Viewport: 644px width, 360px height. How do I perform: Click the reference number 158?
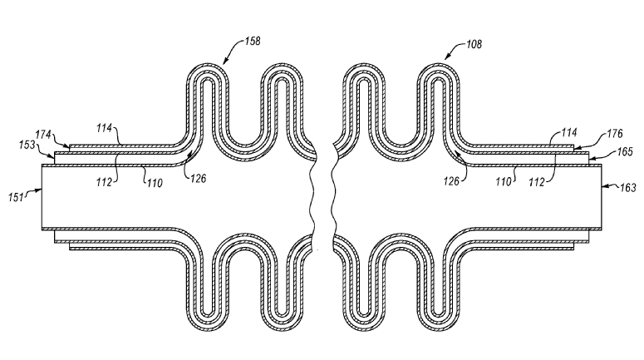pos(253,41)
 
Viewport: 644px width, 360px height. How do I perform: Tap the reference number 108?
pos(474,44)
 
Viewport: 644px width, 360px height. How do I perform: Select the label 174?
pos(42,135)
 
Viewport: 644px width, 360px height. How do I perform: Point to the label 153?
pos(27,145)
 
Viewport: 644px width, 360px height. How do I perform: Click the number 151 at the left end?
pos(16,198)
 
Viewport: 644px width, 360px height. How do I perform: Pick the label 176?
pos(615,134)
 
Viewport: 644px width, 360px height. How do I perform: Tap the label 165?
pos(625,152)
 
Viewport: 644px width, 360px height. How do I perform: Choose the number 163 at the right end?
pos(627,188)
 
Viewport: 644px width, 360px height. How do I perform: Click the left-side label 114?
pos(105,128)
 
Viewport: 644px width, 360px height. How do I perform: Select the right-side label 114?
pos(569,132)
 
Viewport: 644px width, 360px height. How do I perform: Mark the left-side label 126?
pos(198,179)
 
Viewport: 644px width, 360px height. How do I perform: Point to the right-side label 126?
pos(451,180)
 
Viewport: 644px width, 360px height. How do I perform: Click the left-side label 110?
pos(155,183)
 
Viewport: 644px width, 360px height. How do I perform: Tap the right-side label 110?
pos(503,181)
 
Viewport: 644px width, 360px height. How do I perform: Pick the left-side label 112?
pos(104,182)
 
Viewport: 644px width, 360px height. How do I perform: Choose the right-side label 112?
pos(537,182)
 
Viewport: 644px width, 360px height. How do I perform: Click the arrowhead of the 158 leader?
pos(224,62)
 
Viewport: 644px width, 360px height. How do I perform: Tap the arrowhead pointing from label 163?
pos(605,186)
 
